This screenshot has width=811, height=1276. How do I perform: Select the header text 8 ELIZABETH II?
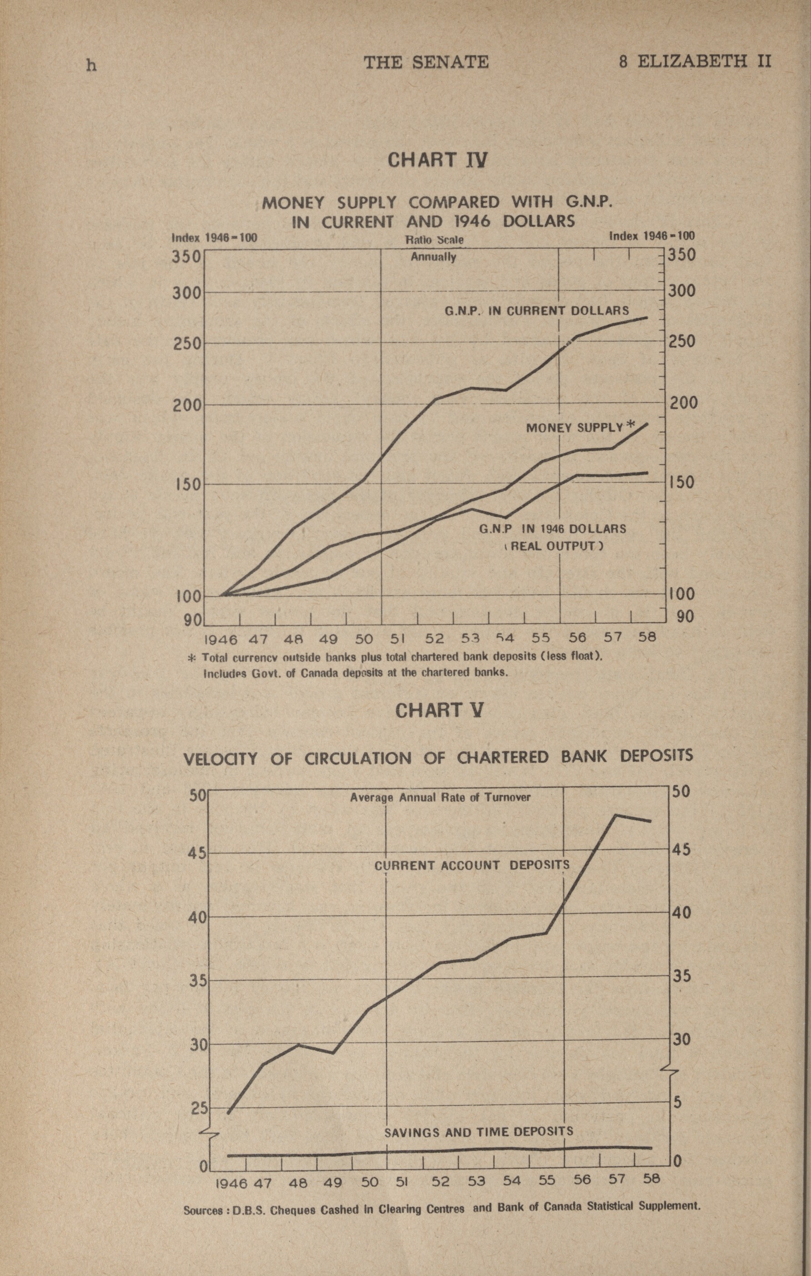pyautogui.click(x=695, y=62)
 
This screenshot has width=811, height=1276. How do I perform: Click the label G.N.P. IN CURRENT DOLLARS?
pyautogui.click(x=537, y=311)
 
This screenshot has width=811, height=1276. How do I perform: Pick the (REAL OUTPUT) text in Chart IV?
pyautogui.click(x=554, y=546)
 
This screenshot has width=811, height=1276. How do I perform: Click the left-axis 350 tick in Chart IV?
pyautogui.click(x=186, y=257)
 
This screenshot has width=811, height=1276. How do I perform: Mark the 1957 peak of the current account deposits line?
pyautogui.click(x=615, y=815)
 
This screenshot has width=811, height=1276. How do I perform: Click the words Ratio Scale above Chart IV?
pyautogui.click(x=434, y=240)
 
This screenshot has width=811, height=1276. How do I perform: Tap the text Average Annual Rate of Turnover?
pyautogui.click(x=440, y=797)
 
